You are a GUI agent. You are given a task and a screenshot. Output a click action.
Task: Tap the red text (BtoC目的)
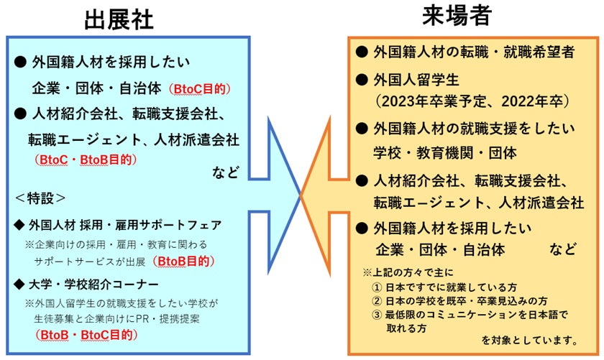(199, 90)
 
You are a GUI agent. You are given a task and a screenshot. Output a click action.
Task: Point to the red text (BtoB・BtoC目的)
(86, 335)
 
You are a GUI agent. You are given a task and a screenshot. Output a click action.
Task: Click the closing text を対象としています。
(529, 340)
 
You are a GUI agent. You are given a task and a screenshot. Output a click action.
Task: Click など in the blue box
(226, 174)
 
